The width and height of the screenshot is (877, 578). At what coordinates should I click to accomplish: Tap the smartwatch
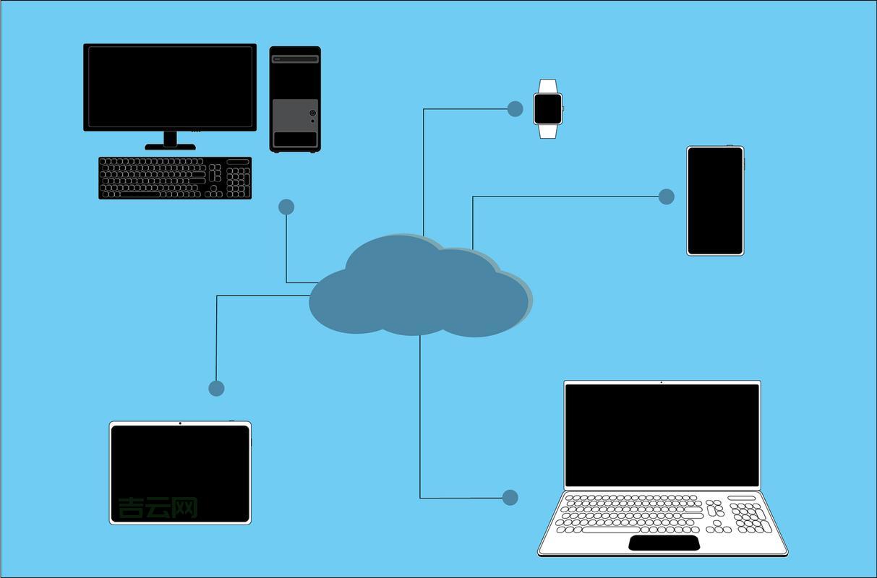click(548, 109)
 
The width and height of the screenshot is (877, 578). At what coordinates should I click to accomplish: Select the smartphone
click(715, 201)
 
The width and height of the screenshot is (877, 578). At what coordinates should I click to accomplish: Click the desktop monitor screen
click(170, 87)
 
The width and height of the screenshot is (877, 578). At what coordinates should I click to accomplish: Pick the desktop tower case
click(295, 99)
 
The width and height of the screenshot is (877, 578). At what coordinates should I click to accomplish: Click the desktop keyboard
click(175, 178)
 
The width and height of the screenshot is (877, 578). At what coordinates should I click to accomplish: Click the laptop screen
click(662, 435)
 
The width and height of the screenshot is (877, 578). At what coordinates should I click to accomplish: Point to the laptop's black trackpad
click(664, 543)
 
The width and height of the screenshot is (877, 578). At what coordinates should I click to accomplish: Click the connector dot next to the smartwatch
click(515, 109)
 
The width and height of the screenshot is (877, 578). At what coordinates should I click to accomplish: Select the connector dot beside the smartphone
click(667, 197)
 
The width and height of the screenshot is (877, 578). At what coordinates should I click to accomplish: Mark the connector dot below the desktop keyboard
click(286, 207)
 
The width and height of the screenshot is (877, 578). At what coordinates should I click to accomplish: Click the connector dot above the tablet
click(216, 389)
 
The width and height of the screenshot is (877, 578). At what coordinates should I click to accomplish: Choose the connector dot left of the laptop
click(510, 497)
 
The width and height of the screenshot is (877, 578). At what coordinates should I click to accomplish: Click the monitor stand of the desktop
click(170, 141)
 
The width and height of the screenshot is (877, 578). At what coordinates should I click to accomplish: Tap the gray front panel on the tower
click(295, 116)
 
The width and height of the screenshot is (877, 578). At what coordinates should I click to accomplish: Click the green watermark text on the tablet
click(158, 507)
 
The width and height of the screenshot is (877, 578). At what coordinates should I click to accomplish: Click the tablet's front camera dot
click(180, 423)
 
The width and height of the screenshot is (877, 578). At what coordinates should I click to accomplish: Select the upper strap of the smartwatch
click(548, 86)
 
